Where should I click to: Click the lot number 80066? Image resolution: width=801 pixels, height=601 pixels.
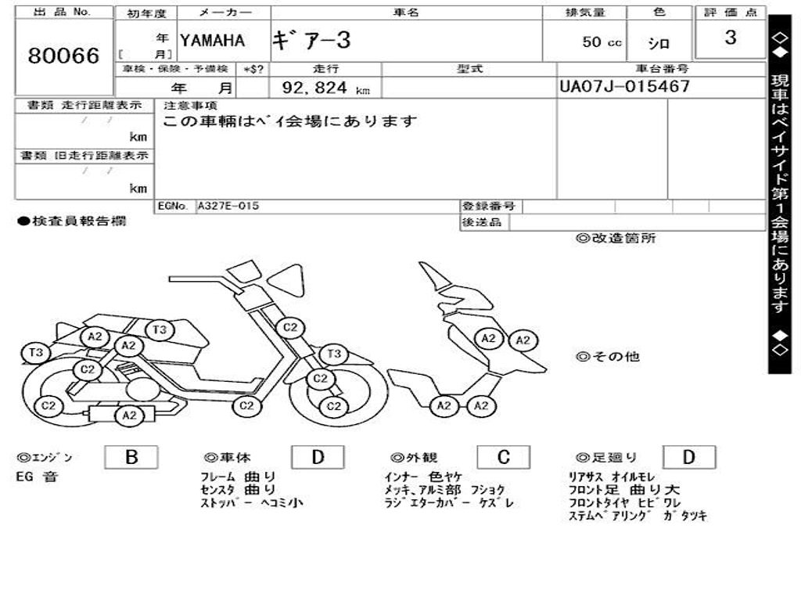click(x=64, y=56)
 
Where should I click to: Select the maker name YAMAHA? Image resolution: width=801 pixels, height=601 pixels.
click(x=212, y=40)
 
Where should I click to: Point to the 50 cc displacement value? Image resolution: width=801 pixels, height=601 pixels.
click(x=602, y=42)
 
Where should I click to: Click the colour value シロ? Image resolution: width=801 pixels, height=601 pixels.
click(x=659, y=43)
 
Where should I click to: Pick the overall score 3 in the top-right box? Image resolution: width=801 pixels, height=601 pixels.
click(x=730, y=38)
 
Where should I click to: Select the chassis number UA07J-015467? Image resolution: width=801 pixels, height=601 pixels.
click(x=624, y=86)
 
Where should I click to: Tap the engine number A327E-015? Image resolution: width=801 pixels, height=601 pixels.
click(x=228, y=206)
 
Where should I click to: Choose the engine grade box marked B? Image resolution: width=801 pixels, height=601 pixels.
click(x=131, y=457)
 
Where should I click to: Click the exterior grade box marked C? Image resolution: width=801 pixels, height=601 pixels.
click(x=503, y=457)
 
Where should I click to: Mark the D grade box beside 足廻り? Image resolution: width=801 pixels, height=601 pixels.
click(x=688, y=457)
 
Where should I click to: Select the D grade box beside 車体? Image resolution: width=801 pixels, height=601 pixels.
click(x=318, y=457)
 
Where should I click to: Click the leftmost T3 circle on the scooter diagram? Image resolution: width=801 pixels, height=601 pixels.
click(x=36, y=352)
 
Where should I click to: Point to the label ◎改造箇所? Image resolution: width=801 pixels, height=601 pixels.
click(x=616, y=239)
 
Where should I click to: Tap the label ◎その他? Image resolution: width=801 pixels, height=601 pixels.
click(x=608, y=357)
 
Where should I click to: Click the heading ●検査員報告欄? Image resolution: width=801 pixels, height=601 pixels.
click(x=71, y=221)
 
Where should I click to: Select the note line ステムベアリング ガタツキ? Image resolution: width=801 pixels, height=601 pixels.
click(x=637, y=516)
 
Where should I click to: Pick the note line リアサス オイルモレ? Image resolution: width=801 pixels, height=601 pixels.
click(x=612, y=477)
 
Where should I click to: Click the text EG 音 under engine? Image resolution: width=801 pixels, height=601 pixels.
click(x=36, y=477)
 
